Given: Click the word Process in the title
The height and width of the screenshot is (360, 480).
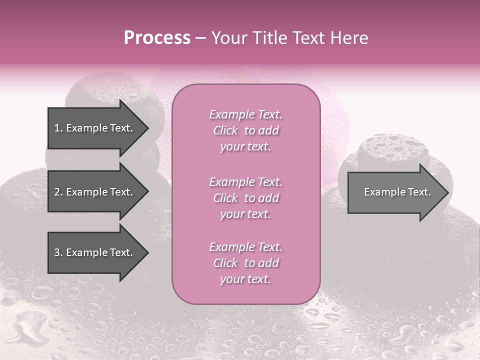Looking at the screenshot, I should click(157, 38).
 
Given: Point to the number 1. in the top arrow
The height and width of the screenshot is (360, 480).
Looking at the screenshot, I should click(58, 128).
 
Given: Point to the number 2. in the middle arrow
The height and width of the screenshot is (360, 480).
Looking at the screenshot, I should click(58, 192).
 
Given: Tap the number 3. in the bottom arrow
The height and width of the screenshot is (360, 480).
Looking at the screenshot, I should click(58, 252).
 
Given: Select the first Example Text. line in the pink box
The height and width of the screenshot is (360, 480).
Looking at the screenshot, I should click(245, 115).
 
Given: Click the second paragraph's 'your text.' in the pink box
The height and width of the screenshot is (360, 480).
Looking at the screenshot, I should click(245, 214).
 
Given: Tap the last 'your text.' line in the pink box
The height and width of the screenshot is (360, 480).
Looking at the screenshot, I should click(245, 279).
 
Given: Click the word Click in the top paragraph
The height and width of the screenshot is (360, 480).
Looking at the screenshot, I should click(225, 131).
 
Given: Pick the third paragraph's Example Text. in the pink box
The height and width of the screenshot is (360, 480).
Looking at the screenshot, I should click(245, 247).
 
